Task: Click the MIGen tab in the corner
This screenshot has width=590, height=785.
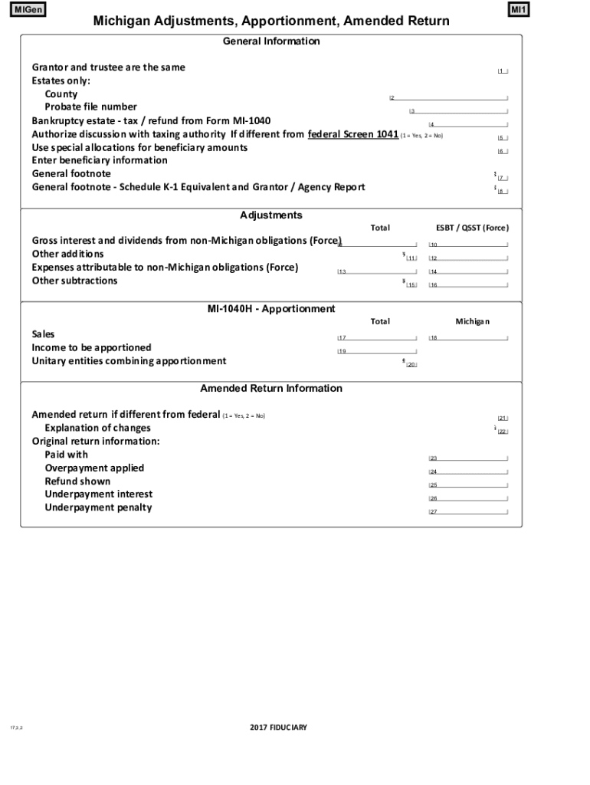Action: click(26, 10)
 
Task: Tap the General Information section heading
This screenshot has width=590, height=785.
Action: click(271, 41)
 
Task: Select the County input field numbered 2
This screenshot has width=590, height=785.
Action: click(448, 97)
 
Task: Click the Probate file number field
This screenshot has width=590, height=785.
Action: click(458, 111)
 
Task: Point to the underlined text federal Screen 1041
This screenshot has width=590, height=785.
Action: click(352, 134)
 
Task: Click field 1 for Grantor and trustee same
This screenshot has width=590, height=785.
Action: click(502, 71)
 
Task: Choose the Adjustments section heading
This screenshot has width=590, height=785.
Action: click(271, 215)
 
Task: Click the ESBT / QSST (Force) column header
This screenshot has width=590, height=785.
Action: click(472, 228)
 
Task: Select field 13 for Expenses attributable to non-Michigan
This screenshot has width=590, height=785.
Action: click(377, 271)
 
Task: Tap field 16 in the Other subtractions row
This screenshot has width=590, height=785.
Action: click(467, 285)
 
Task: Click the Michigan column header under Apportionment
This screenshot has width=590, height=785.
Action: click(472, 321)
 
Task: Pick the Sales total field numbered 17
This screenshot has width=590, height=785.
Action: click(377, 338)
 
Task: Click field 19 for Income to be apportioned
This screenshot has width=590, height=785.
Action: click(377, 351)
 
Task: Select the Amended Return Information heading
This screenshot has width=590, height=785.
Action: click(271, 389)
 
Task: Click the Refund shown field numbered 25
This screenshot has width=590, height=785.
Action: click(467, 485)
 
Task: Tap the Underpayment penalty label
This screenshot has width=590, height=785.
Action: click(98, 507)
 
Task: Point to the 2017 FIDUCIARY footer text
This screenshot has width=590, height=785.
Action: click(278, 727)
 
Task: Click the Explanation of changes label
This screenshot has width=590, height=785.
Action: click(97, 428)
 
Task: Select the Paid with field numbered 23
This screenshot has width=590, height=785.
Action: click(467, 458)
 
